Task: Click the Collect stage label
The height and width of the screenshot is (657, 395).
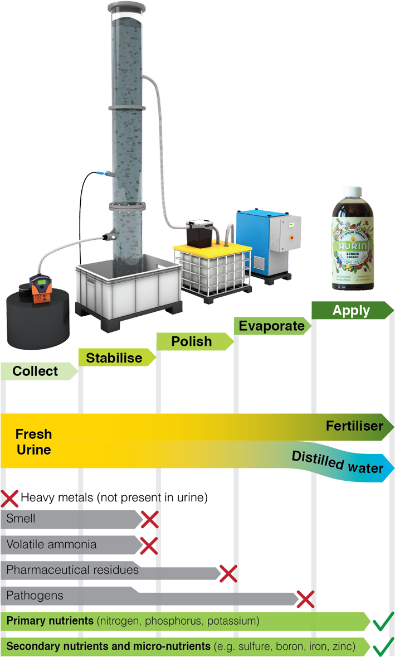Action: click(35, 371)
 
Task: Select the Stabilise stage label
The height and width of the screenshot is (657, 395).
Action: click(114, 358)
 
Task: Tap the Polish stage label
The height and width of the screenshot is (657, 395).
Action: click(192, 341)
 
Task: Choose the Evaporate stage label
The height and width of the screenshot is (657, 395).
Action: click(272, 326)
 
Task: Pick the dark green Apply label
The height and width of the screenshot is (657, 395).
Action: click(351, 311)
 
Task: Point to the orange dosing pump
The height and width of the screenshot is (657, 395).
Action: click(40, 289)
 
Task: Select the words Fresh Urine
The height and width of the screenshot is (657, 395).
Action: click(34, 442)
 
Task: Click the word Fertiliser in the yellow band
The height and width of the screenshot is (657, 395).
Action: click(354, 427)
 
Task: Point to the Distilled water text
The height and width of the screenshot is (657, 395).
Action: click(338, 462)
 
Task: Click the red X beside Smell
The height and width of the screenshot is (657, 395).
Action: click(149, 520)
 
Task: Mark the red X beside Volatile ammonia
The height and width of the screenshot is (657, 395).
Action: click(148, 546)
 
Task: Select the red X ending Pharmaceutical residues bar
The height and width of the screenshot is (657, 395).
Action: click(227, 573)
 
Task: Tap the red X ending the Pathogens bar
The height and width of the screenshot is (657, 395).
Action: click(305, 599)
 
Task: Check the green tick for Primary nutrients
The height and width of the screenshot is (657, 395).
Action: click(383, 621)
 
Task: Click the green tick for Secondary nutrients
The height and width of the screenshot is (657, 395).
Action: click(383, 648)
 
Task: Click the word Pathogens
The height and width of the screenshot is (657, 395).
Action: click(35, 596)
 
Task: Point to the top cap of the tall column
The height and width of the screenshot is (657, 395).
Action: click(128, 8)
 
